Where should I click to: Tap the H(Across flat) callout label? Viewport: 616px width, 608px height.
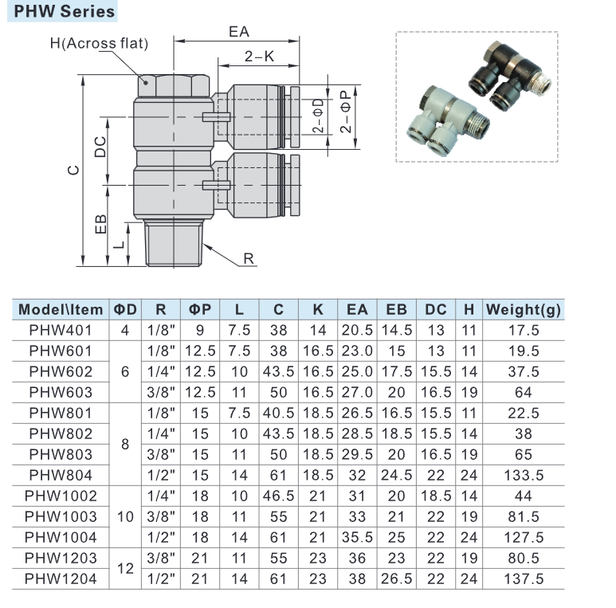coord(99,43)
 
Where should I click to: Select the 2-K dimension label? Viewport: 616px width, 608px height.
coord(259,57)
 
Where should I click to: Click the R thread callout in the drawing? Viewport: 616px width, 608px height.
coord(248,258)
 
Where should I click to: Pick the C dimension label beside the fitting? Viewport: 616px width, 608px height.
coord(73,170)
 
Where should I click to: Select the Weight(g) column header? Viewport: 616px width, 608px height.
coord(524,309)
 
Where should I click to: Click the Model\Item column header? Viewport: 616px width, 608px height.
coord(61,309)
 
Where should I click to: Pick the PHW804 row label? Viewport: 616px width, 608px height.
coord(61,475)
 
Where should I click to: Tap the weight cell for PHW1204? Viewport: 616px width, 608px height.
coord(524,579)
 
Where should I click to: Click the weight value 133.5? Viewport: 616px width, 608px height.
coord(524,475)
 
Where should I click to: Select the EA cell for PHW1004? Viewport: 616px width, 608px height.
coord(359,537)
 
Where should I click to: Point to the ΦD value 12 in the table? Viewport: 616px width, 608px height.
coord(124,568)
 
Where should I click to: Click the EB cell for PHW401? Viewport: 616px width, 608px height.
coord(396,330)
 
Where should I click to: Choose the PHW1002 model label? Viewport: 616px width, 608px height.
coord(61,496)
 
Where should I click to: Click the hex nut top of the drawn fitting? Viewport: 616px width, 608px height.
coord(172,84)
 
